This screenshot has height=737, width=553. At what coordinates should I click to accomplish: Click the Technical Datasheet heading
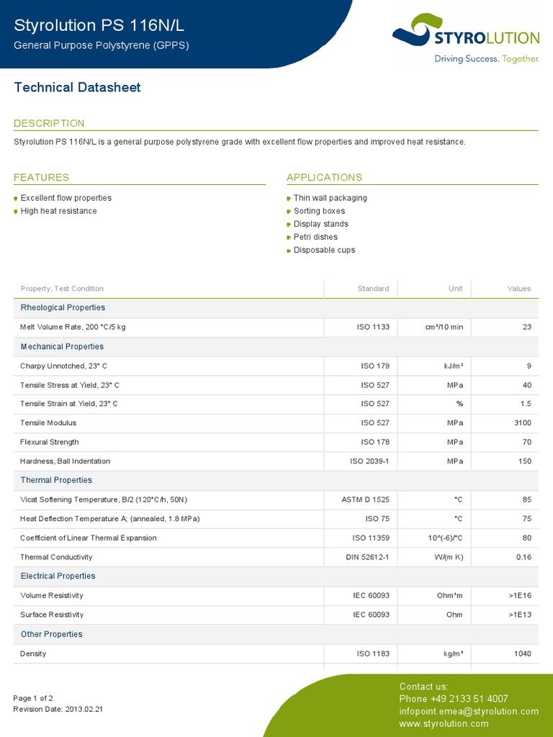77,88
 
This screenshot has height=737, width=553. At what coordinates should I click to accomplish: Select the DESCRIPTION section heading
49,123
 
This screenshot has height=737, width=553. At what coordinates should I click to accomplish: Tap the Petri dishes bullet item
315,237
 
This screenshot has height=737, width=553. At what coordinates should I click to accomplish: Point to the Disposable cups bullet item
324,250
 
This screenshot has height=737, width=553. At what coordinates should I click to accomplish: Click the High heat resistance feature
58,211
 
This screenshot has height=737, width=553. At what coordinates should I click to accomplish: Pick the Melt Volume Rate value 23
527,327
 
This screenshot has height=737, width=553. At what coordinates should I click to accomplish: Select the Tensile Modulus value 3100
522,422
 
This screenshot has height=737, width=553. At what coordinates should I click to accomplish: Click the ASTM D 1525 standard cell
365,499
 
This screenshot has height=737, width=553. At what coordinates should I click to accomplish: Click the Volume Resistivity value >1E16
519,595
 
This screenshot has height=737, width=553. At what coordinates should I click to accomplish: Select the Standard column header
373,289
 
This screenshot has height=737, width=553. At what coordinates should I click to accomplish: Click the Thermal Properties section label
56,480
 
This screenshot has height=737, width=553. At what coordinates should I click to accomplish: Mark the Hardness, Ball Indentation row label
65,461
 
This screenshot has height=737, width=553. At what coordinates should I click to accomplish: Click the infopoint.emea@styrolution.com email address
469,711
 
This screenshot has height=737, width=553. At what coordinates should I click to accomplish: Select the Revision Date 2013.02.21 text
58,709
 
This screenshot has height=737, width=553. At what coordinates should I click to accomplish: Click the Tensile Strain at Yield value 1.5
525,404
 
